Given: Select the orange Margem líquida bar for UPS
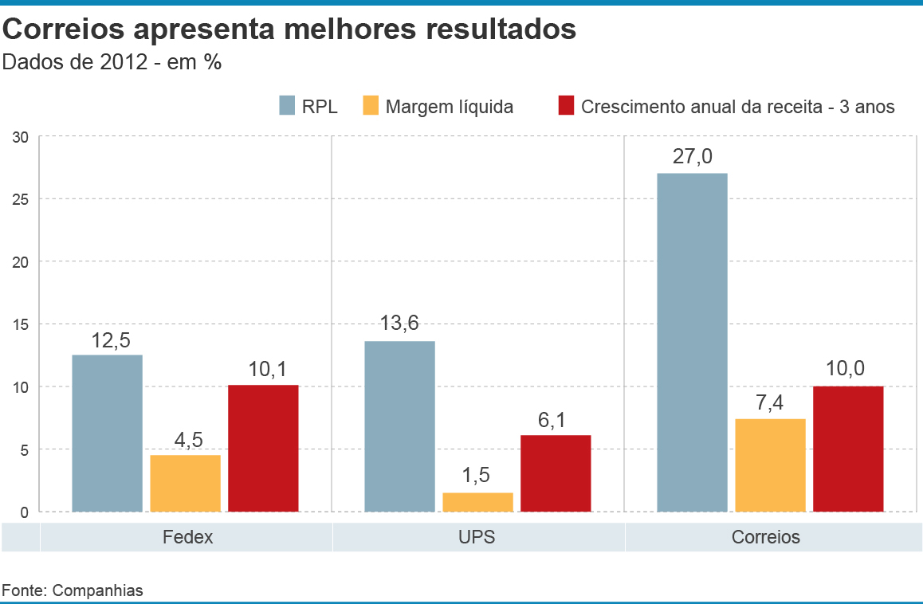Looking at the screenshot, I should click(477, 502).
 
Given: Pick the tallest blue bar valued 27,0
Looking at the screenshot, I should click(692, 342).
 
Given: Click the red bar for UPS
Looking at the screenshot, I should click(556, 473).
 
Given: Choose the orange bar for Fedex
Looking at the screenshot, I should click(185, 483).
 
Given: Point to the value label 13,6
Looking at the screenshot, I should click(399, 324).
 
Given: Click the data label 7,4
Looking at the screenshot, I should click(770, 402).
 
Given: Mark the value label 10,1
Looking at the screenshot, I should click(263, 369).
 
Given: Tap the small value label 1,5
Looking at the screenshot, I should click(477, 477).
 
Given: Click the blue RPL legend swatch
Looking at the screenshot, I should click(287, 106).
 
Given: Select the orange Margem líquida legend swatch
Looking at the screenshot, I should click(371, 106).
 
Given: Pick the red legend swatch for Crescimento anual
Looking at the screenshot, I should click(566, 106).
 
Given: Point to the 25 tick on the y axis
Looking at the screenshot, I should click(21, 199).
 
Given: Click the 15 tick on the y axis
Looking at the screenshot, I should click(21, 324).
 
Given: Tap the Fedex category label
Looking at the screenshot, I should click(187, 536).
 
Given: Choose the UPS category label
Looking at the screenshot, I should click(477, 536).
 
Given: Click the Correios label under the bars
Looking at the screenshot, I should click(766, 536).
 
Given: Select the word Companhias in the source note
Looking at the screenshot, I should click(98, 590).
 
